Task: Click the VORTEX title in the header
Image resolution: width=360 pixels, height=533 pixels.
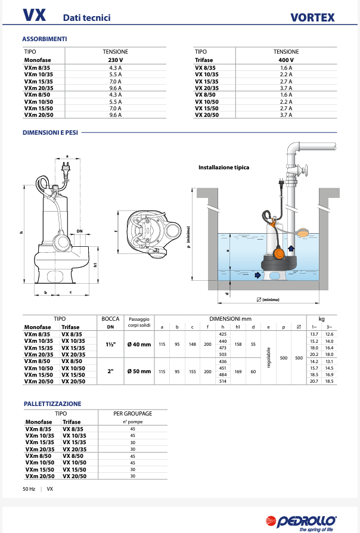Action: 312,17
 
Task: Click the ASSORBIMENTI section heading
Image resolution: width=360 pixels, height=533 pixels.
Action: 45,39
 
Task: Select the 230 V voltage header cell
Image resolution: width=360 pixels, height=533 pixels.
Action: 115,60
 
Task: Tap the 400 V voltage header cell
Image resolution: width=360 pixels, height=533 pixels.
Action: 286,60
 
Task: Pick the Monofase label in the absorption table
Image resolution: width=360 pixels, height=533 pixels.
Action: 38,60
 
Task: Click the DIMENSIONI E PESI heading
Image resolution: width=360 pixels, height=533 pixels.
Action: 49,132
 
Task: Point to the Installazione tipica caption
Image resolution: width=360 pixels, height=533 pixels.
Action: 224,168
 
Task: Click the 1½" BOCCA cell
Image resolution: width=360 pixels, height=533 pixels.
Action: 110,345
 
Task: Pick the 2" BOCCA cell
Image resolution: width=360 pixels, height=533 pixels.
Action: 110,371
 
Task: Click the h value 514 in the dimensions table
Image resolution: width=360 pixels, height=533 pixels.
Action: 223,380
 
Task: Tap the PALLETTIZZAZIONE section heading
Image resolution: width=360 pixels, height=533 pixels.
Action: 52,404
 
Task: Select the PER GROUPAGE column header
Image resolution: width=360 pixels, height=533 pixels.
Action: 132,413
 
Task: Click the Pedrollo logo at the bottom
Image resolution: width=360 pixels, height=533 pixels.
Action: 308,521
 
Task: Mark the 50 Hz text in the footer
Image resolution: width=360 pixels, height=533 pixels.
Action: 29,489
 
